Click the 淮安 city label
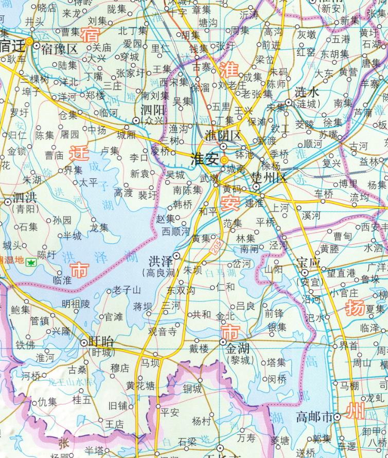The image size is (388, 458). coord(204,158)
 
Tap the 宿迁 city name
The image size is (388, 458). coord(12,46)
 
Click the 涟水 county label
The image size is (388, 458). coord(308,93)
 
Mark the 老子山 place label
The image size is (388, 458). coord(127,291)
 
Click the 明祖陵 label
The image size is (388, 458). coord(76,304)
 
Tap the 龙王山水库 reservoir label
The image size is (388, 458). coord(69,383)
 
